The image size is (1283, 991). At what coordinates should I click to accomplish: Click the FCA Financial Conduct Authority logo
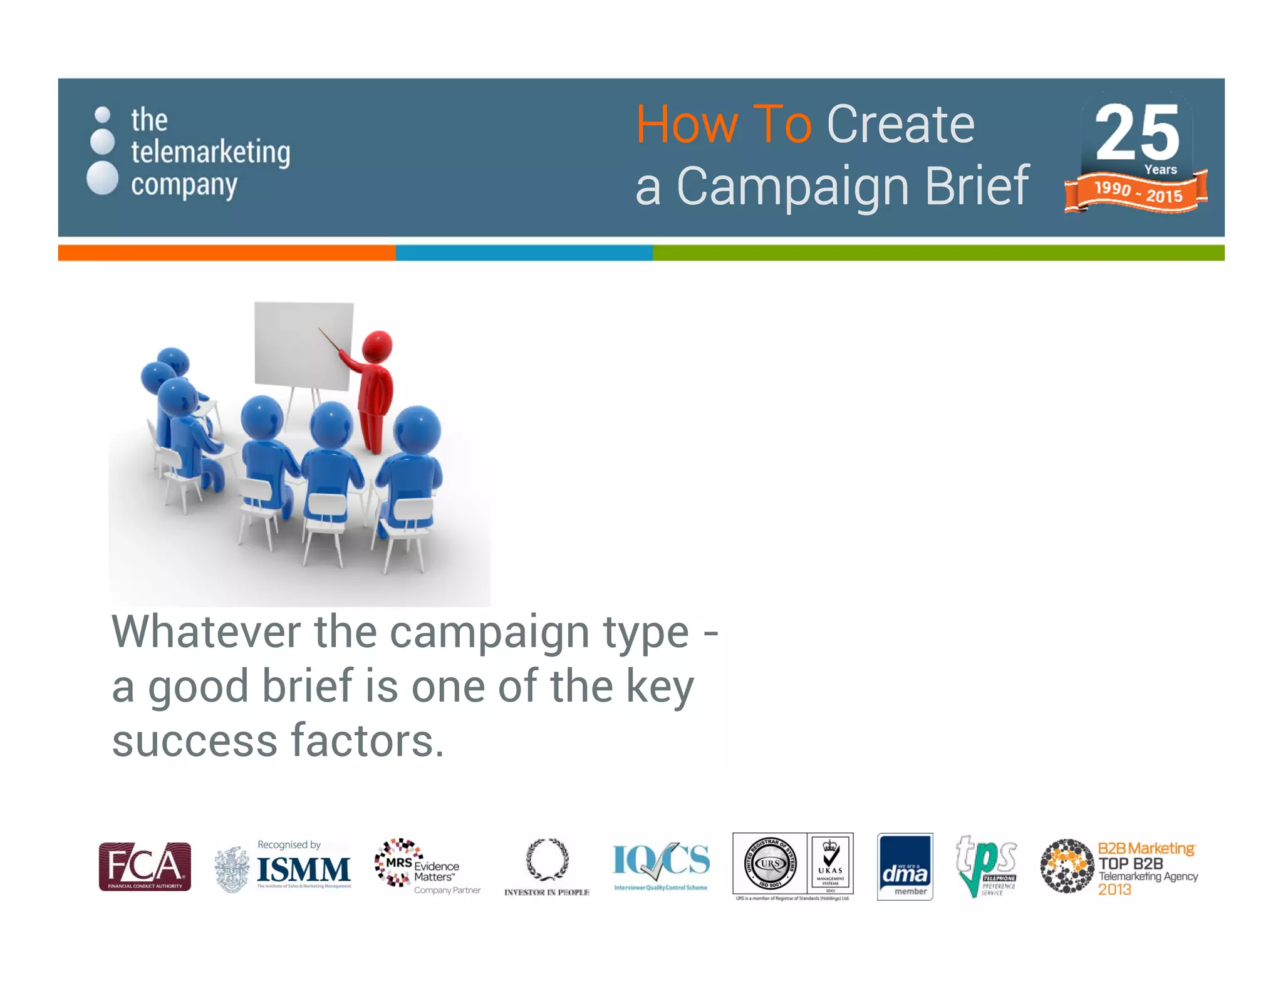[x=145, y=866]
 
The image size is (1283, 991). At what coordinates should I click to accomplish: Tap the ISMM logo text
[x=304, y=869]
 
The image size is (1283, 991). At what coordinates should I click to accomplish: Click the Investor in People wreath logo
[x=547, y=859]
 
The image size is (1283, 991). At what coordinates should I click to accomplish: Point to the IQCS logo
[x=661, y=861]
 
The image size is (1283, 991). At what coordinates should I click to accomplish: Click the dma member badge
[x=905, y=866]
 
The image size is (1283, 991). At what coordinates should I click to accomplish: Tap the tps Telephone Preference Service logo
[x=985, y=865]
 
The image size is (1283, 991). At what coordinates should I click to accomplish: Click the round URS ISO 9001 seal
[x=770, y=864]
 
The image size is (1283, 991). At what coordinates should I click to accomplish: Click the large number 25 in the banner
[x=1137, y=133]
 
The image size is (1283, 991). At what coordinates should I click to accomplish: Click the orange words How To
[x=724, y=125]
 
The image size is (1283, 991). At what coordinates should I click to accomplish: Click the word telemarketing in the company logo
[x=210, y=152]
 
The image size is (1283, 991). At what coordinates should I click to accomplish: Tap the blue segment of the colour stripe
[x=524, y=252]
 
